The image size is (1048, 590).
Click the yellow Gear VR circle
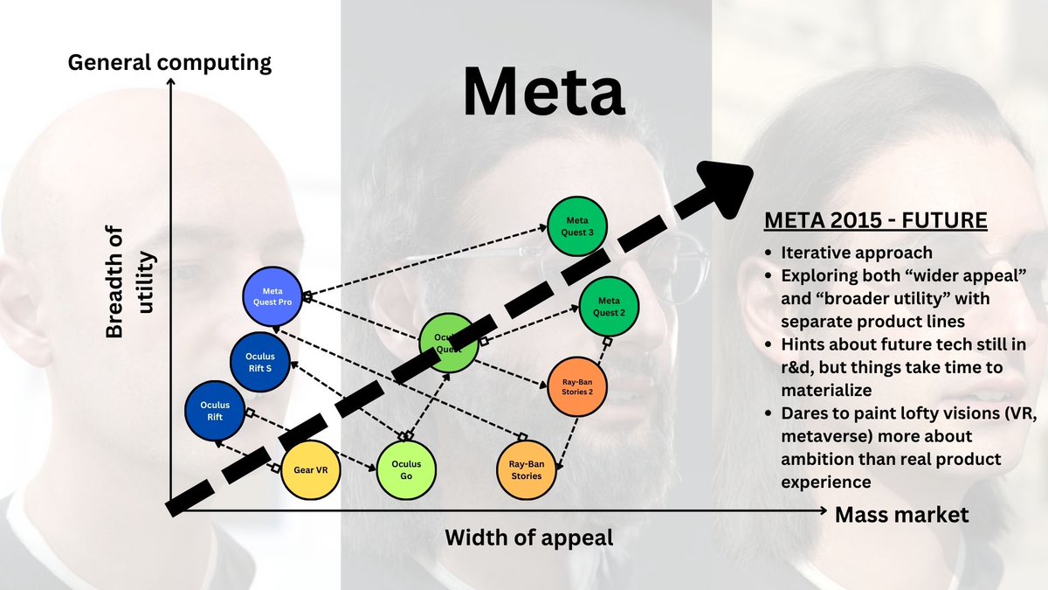point(310,469)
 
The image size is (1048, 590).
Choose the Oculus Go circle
point(406,469)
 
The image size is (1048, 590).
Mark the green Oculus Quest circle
point(449,342)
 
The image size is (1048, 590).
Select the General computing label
point(169,63)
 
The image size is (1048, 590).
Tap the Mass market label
point(901,515)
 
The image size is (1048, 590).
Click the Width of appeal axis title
point(529,537)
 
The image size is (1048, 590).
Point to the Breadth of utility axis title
point(131,281)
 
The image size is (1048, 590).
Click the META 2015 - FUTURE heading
point(875,220)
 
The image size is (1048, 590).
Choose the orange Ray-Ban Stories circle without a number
point(527,469)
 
